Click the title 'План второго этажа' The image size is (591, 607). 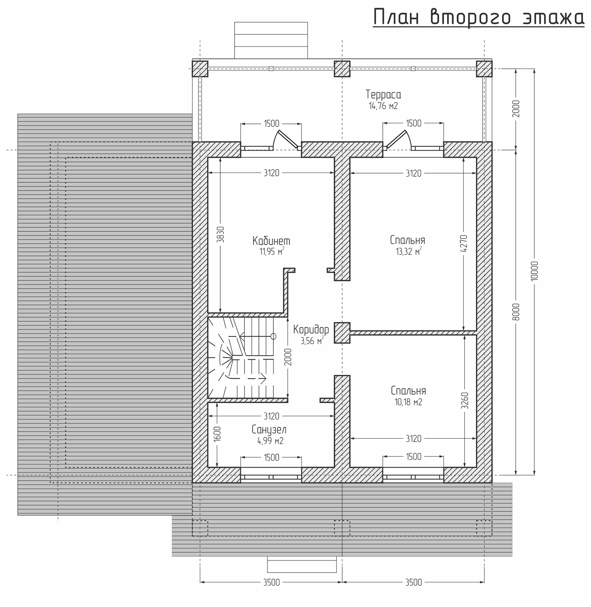(x=478, y=18)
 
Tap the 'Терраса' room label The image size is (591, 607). (x=383, y=95)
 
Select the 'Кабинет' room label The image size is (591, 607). (x=271, y=241)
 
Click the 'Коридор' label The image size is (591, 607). (x=311, y=330)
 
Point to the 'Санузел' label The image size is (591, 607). (x=269, y=430)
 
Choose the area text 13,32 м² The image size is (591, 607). (x=408, y=251)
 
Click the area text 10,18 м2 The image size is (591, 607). (x=408, y=402)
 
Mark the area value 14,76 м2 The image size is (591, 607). (x=383, y=106)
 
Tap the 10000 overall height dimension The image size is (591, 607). (x=534, y=271)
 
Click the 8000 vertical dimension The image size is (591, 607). (x=516, y=312)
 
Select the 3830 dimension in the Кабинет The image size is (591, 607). (x=220, y=234)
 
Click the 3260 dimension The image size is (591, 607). (x=465, y=401)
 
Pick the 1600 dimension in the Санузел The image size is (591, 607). (x=217, y=434)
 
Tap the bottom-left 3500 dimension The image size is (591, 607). (x=272, y=582)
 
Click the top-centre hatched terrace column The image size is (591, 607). (x=342, y=69)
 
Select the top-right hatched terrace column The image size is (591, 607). (x=484, y=69)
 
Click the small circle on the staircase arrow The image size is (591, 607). (x=273, y=336)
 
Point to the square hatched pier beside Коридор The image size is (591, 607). (x=342, y=333)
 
